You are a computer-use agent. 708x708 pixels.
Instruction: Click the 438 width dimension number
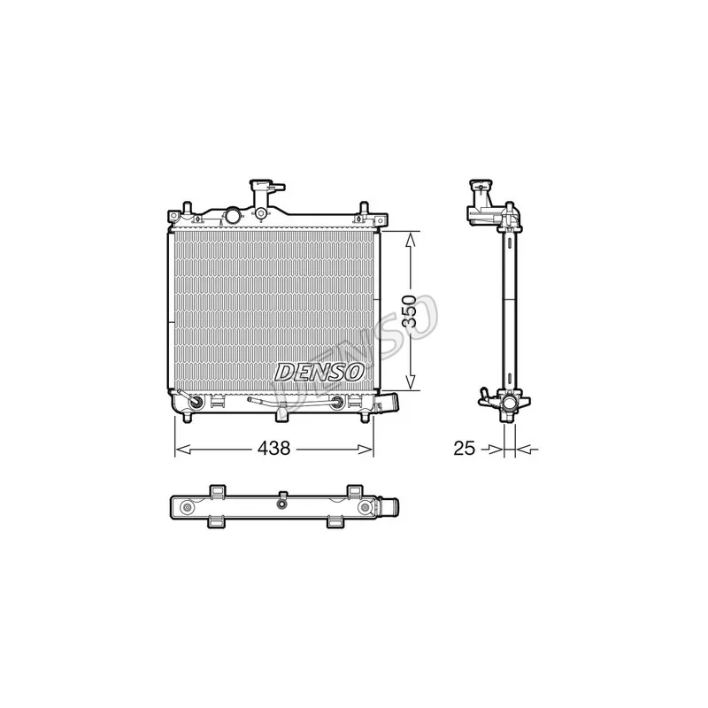(x=273, y=448)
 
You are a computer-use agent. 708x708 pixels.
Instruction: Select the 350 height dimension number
(x=409, y=312)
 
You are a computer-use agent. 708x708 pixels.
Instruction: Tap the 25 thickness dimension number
(x=464, y=448)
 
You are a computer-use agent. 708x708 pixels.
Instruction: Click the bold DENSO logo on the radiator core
(x=319, y=372)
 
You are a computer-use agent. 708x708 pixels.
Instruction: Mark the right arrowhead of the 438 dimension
(x=366, y=449)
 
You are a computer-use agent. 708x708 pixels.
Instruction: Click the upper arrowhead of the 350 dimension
(x=410, y=239)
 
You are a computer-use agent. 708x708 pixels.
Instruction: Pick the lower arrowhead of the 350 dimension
(x=410, y=382)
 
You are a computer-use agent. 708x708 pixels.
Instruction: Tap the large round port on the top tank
(x=234, y=215)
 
